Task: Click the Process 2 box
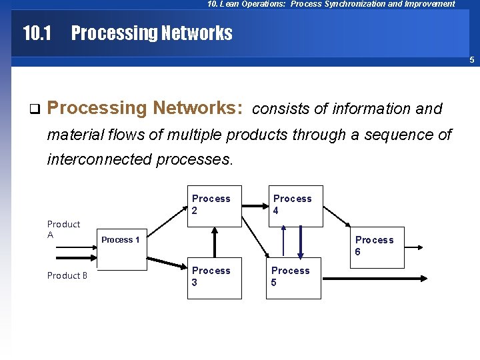[x=213, y=207]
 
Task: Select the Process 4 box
[x=294, y=207]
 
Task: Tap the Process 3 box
[x=213, y=279]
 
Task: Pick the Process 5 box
[x=293, y=279]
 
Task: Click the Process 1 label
[x=121, y=240]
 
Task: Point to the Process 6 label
[x=374, y=245]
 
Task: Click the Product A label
[x=63, y=229]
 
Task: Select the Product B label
[x=67, y=275]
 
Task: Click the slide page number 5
[x=471, y=61]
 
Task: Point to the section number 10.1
[x=37, y=33]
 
